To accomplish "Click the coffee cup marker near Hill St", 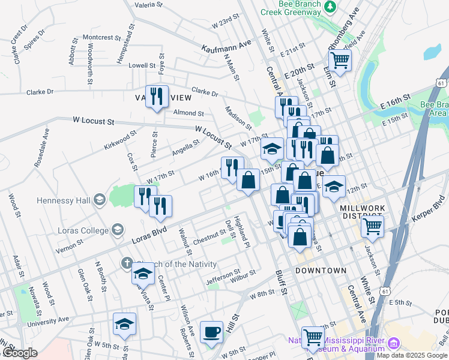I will click(x=211, y=332).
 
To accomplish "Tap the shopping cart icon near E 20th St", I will click(x=340, y=60).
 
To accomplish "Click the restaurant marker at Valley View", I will click(x=157, y=96).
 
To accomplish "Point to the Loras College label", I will click(x=80, y=229).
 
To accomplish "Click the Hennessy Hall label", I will click(x=63, y=200).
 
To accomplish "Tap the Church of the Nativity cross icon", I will click(x=126, y=263).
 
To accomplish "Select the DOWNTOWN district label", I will click(x=321, y=271).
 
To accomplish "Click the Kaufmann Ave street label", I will click(x=226, y=46).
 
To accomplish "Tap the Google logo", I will click(x=20, y=353).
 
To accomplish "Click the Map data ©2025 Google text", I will click(x=412, y=355).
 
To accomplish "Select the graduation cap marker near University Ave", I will click(x=124, y=324).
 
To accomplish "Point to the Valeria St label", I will click(x=149, y=5).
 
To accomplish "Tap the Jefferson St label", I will click(x=223, y=277).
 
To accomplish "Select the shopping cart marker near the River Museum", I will click(x=313, y=338).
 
